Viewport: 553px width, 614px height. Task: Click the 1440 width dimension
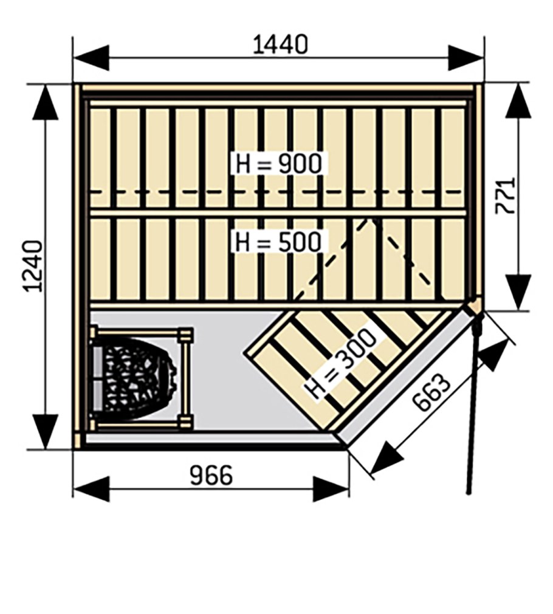click(x=280, y=44)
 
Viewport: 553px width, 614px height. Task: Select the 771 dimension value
click(x=505, y=196)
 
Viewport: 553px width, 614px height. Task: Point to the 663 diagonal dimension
click(x=431, y=392)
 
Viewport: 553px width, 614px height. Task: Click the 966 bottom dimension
click(x=211, y=476)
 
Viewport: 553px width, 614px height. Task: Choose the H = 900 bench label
click(x=279, y=163)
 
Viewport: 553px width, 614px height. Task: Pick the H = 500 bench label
click(x=278, y=241)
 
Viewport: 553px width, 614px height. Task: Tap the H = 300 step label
click(x=340, y=364)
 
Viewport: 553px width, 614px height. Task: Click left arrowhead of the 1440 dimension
click(x=91, y=58)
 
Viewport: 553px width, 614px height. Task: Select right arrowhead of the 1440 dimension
click(x=466, y=58)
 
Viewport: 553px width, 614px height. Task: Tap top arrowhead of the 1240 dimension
click(x=46, y=102)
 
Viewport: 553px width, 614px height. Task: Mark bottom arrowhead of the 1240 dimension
click(x=46, y=432)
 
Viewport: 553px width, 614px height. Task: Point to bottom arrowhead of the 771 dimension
click(x=518, y=292)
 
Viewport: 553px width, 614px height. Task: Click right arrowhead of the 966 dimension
click(x=331, y=489)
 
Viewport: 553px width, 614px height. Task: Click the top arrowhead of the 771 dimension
click(x=518, y=101)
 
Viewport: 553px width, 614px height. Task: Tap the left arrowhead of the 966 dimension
click(x=91, y=489)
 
